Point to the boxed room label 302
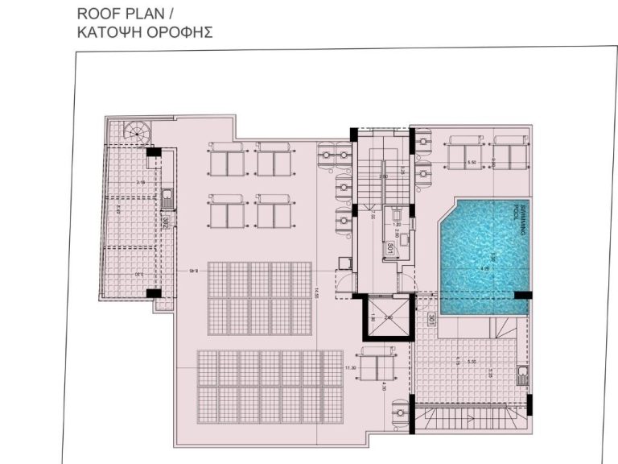[164, 223]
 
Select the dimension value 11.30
[350, 368]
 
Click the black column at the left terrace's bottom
[153, 293]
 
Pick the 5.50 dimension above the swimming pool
[472, 164]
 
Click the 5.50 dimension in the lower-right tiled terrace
[472, 362]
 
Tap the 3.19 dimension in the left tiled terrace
[139, 183]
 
